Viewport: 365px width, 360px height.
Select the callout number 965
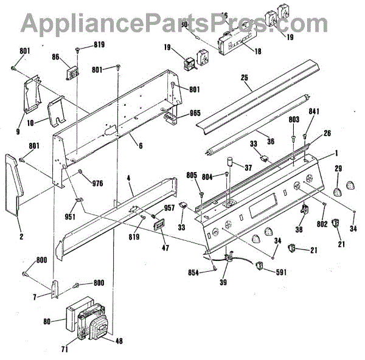pyautogui.click(x=195, y=112)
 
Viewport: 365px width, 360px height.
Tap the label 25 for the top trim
pyautogui.click(x=245, y=78)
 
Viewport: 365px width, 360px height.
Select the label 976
pyautogui.click(x=97, y=183)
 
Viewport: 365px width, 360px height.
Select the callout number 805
pyautogui.click(x=192, y=176)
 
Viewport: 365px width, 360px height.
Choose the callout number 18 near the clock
pyautogui.click(x=257, y=52)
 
